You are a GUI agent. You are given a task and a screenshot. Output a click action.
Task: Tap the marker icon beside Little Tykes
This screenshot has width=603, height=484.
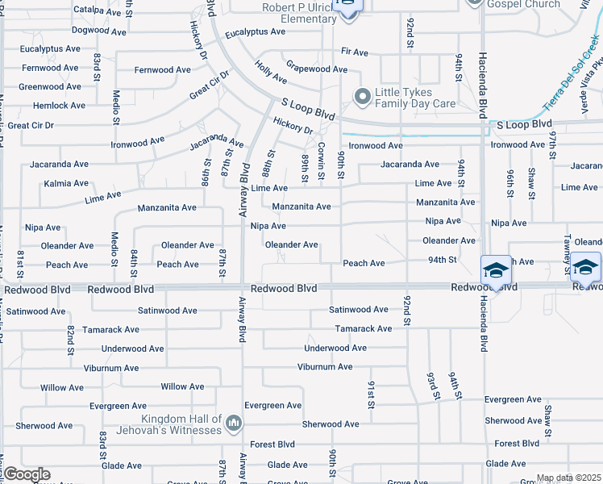tap(362, 97)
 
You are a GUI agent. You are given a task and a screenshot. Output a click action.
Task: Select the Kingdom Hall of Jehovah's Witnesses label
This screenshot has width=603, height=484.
tap(181, 424)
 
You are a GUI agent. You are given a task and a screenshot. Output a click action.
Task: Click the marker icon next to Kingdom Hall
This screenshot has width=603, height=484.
tap(234, 423)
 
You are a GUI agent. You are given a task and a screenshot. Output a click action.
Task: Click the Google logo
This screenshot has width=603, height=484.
tap(27, 474)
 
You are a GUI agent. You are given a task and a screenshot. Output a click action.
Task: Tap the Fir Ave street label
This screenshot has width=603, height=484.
tap(355, 52)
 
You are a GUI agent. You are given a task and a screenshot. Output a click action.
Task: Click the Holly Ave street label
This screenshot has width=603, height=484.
tap(271, 73)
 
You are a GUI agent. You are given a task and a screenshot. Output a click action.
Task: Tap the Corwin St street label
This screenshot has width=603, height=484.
tap(321, 159)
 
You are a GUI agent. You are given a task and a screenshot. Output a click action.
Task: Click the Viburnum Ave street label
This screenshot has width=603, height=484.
tap(325, 367)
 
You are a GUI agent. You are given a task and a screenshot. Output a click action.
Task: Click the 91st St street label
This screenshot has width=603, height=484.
tap(372, 395)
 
